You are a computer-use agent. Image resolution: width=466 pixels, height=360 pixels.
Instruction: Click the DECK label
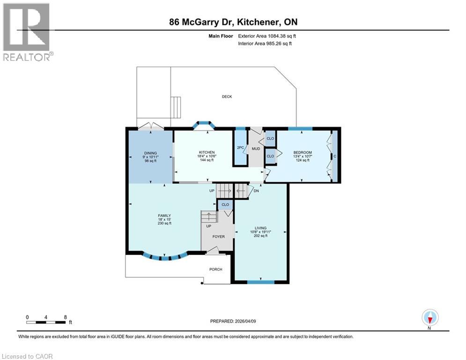227,97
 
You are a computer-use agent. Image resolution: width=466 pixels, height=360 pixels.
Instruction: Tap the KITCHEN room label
207,152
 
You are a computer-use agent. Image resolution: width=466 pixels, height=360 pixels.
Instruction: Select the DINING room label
150,153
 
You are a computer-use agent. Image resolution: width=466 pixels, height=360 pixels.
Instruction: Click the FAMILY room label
164,216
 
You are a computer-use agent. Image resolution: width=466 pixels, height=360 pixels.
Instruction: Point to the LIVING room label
261,228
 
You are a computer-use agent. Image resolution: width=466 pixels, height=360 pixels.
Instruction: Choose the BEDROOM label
303,153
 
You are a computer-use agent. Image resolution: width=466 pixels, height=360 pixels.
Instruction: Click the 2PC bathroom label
240,148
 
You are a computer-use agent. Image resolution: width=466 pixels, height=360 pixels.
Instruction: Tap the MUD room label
256,149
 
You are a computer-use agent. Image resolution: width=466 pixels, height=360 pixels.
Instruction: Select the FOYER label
218,237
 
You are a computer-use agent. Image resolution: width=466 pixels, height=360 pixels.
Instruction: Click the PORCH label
215,270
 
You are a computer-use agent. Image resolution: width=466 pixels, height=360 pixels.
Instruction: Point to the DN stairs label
256,191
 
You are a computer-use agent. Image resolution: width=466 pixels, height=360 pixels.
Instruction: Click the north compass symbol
429,318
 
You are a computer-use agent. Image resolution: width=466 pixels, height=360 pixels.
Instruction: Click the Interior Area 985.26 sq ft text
265,44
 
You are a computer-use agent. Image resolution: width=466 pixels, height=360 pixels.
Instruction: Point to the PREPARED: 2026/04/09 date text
233,321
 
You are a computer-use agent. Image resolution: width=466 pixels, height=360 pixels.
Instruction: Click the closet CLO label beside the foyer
225,204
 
